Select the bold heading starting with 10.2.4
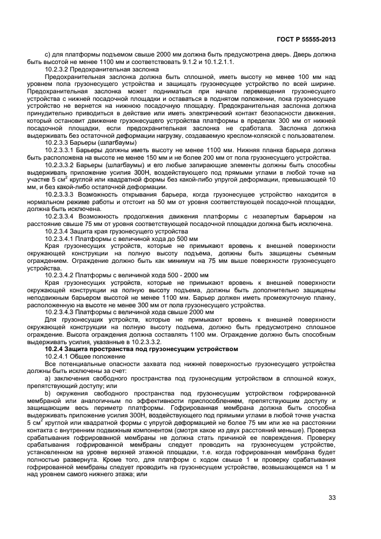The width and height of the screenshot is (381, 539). click(141, 348)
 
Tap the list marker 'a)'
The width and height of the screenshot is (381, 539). click(48, 378)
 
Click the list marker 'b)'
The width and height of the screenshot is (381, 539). click(48, 393)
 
